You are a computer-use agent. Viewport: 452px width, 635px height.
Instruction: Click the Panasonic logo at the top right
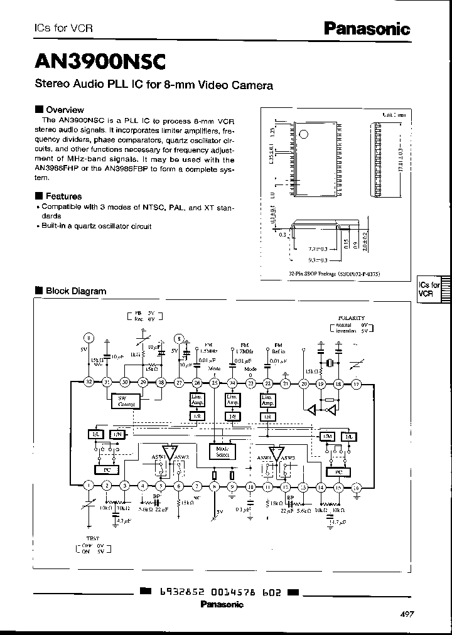tap(367, 28)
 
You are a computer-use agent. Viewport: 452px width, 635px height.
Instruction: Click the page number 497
tap(407, 614)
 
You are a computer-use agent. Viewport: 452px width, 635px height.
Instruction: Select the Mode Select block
tap(222, 452)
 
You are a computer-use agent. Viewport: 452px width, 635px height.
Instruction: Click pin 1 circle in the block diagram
tap(89, 485)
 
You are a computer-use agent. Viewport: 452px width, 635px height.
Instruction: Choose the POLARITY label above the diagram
tap(351, 319)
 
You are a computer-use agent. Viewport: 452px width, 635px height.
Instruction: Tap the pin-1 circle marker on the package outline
tap(303, 134)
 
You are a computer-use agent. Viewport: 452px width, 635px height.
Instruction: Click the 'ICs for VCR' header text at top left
tap(56, 28)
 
